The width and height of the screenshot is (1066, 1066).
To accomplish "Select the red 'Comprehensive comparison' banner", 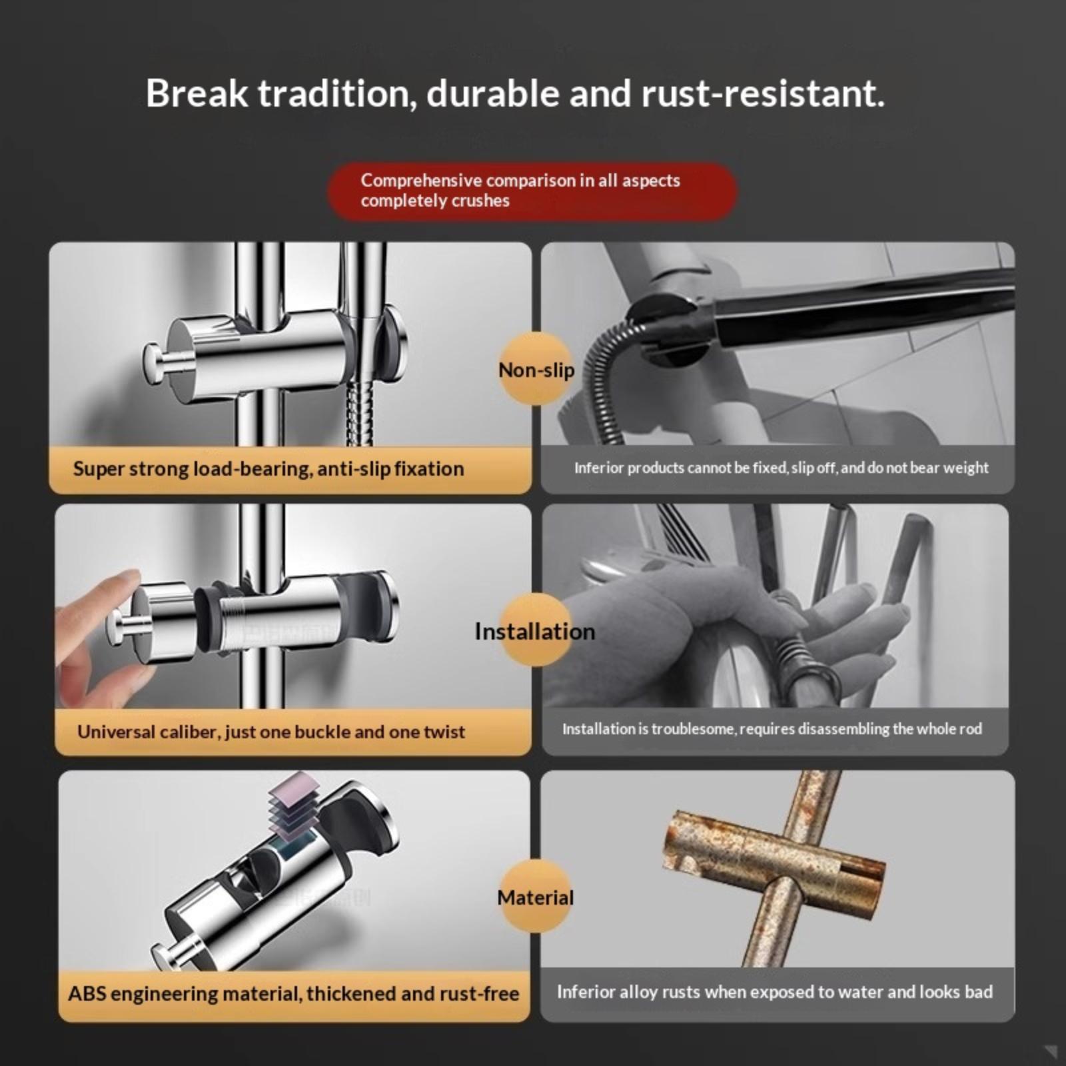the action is (532, 191).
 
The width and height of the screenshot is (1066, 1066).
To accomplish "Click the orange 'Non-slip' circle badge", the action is (536, 368).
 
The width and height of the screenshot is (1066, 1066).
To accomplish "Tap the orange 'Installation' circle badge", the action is (535, 630).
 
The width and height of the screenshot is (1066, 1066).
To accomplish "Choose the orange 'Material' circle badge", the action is (535, 897).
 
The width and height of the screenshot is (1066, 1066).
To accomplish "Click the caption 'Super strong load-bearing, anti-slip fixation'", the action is (268, 469).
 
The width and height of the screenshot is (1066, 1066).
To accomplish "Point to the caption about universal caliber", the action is (271, 732).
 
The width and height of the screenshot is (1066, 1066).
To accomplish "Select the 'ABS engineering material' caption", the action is (293, 993).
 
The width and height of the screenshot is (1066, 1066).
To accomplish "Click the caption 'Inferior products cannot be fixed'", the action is (782, 468).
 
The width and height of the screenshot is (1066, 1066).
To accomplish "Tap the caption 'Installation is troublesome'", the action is (772, 729).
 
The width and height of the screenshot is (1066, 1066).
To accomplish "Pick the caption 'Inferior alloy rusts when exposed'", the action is (775, 992).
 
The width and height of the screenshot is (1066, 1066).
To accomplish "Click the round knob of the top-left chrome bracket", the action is (160, 363).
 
